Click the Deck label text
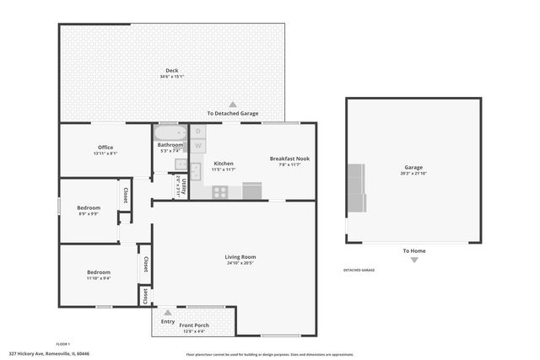(x=171, y=71)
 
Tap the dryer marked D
(x=198, y=132)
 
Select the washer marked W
(x=198, y=146)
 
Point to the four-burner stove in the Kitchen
(x=219, y=191)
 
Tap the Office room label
(x=105, y=148)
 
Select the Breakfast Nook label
(x=289, y=159)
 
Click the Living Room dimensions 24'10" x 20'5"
(x=240, y=263)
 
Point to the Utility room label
(x=181, y=185)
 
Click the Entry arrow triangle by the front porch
(x=167, y=312)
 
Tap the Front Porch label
(x=195, y=325)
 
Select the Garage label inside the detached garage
(x=413, y=167)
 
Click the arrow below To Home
(x=413, y=260)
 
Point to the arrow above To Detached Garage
(x=233, y=105)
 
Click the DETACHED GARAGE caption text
(x=359, y=270)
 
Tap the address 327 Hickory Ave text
(x=49, y=354)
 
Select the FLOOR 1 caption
(x=62, y=344)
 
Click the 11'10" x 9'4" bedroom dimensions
(x=99, y=278)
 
